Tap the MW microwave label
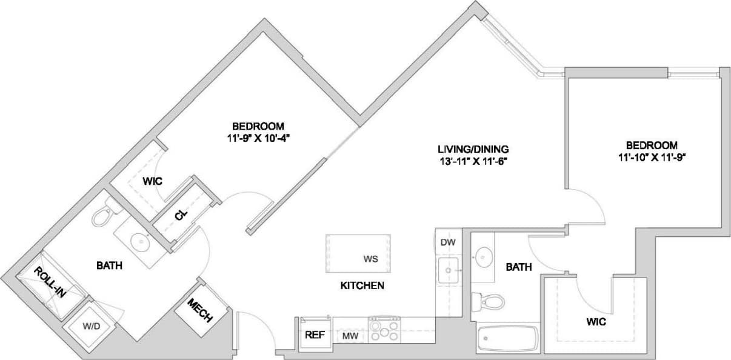350,336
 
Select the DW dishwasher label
447,242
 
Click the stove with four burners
384,331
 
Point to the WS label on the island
370,259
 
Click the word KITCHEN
362,285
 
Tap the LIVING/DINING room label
473,148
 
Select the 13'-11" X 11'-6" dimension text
473,161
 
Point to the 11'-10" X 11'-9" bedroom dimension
652,156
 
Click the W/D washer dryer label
91,326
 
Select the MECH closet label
199,310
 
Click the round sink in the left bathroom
141,242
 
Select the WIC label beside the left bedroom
151,182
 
